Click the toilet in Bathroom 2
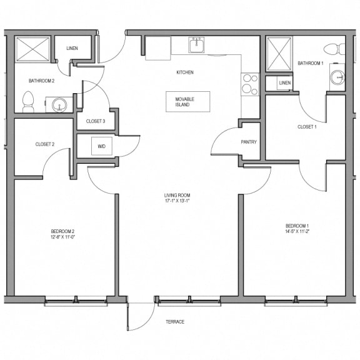[x=28, y=102]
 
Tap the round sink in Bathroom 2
[x=59, y=105]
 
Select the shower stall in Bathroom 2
[x=32, y=49]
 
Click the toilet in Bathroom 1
[x=334, y=49]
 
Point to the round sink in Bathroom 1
[x=337, y=77]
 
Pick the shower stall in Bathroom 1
[x=279, y=54]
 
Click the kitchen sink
[x=197, y=45]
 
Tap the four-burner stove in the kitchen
[x=250, y=84]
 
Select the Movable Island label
[x=184, y=102]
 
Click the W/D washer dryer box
[x=102, y=146]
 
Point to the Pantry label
[x=249, y=142]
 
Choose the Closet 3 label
[x=96, y=121]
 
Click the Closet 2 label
[x=45, y=144]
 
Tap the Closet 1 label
[x=307, y=127]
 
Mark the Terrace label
[x=175, y=322]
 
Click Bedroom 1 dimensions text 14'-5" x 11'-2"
[x=297, y=232]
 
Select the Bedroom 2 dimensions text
[x=63, y=237]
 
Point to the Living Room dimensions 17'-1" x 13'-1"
[x=177, y=201]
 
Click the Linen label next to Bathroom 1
[x=285, y=82]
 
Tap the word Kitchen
[x=185, y=72]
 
